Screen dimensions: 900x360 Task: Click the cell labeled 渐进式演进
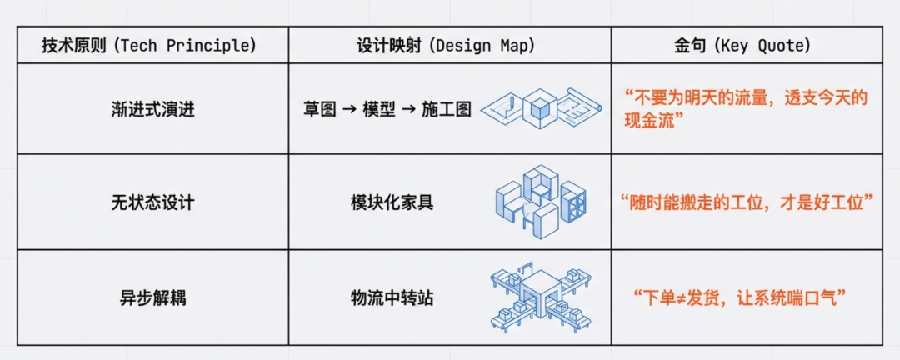pos(152,109)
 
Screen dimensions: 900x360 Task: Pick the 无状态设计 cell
pos(152,202)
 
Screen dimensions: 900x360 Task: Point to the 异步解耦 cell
pos(152,297)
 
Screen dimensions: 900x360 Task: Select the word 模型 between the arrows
pos(378,109)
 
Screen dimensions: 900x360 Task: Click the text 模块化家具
pos(392,202)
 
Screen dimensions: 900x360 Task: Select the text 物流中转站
pos(392,297)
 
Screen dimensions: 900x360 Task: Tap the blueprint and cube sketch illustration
pos(541,107)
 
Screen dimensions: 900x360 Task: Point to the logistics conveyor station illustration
pos(541,297)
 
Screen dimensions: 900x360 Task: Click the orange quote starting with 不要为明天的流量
pos(746,109)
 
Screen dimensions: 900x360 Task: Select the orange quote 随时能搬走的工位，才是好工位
pos(747,202)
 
